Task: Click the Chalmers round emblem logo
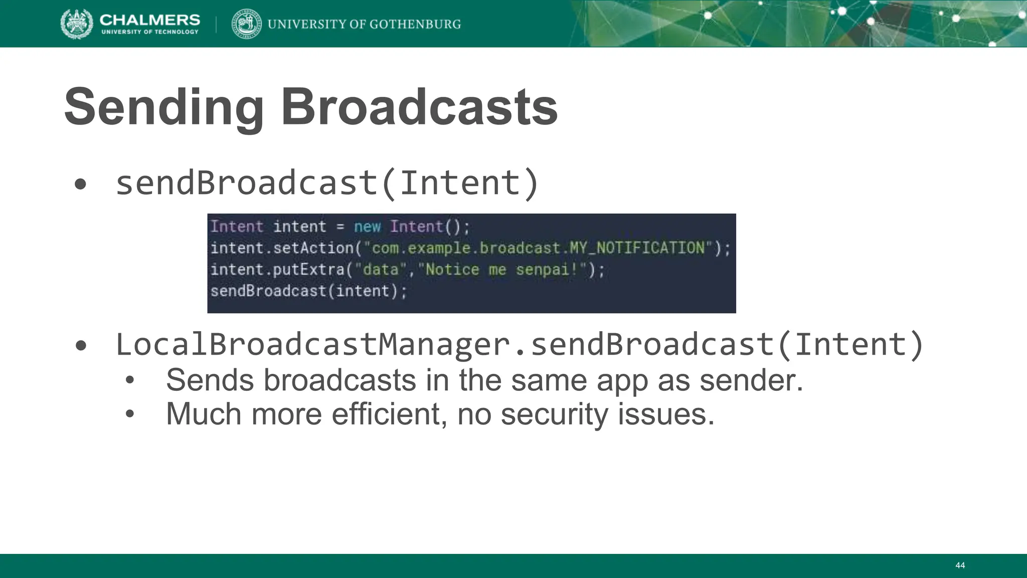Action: [76, 24]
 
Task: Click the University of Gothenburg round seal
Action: [246, 24]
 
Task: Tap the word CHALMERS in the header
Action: [149, 20]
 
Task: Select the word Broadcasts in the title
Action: [419, 107]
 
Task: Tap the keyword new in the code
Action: [367, 227]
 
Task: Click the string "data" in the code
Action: [380, 269]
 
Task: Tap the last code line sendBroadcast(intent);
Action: [308, 291]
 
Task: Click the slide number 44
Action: [960, 565]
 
